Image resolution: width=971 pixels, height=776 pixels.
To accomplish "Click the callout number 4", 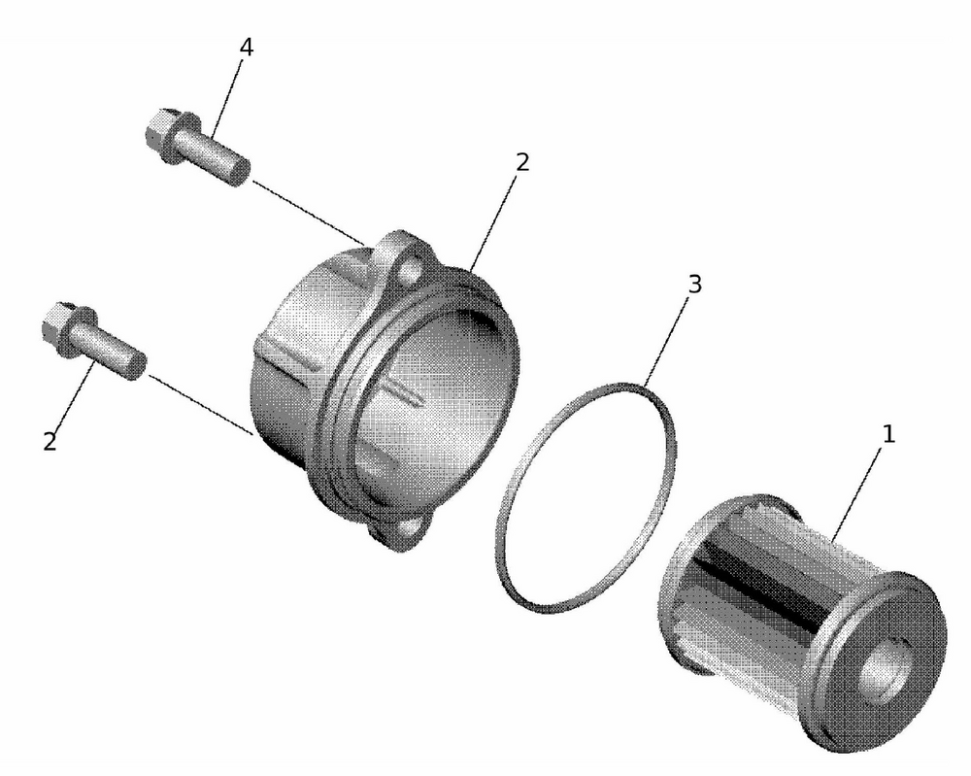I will coord(247,48).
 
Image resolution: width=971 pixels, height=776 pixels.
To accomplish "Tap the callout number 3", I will coord(693,285).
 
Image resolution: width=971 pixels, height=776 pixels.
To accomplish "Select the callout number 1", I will coord(887,433).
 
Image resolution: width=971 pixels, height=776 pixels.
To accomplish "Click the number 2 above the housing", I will coord(522,162).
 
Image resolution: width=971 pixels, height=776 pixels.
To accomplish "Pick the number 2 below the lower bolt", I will coord(50,441).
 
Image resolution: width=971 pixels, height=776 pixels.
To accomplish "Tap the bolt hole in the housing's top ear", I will coord(417,265).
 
